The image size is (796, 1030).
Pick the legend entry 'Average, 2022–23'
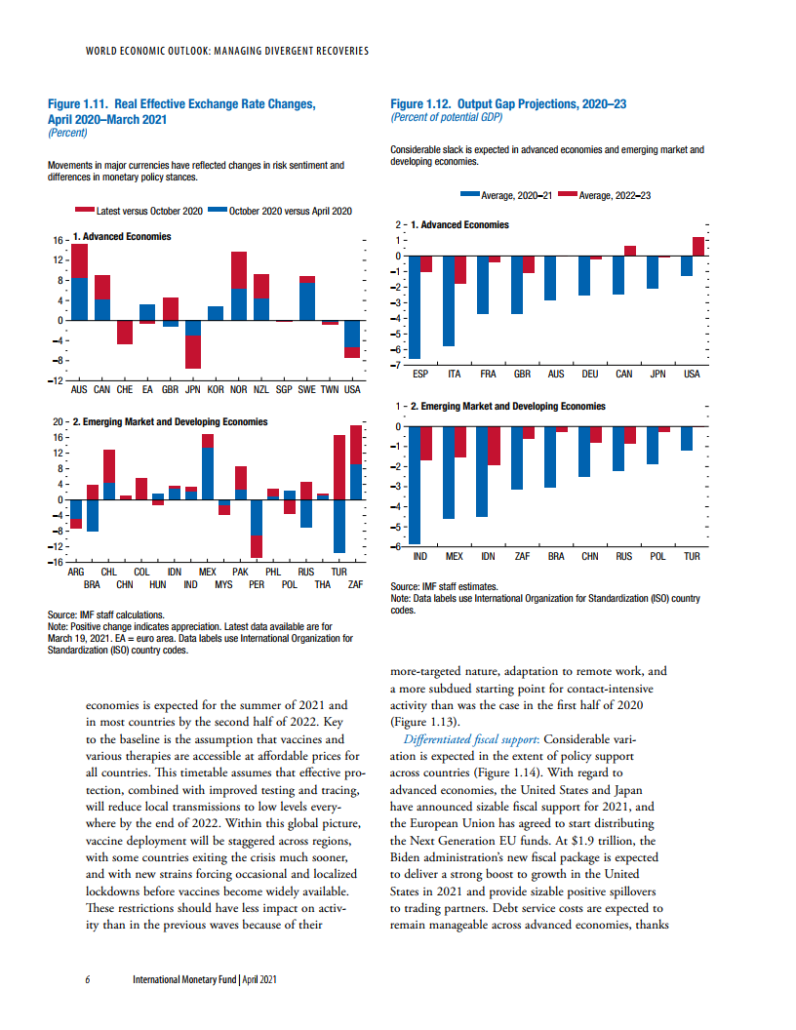tap(614, 195)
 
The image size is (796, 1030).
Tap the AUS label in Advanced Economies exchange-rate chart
tap(81, 389)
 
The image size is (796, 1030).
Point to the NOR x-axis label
tap(238, 389)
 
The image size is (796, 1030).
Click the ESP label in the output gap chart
tap(420, 375)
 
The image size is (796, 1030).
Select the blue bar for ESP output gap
tap(415, 307)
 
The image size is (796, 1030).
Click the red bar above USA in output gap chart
tap(697, 246)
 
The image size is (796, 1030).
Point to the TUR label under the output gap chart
tap(692, 556)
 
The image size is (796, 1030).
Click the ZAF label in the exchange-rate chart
tap(355, 584)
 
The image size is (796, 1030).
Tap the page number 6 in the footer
tap(88, 979)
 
